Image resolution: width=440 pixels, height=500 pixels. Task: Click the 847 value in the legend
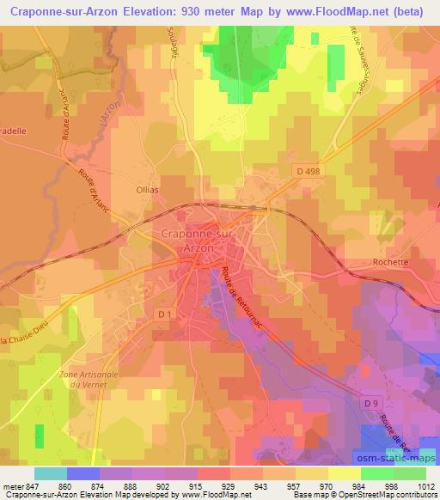(34, 487)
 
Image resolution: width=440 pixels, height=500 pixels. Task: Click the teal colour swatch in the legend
(51, 473)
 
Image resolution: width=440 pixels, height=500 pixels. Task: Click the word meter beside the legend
(14, 487)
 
